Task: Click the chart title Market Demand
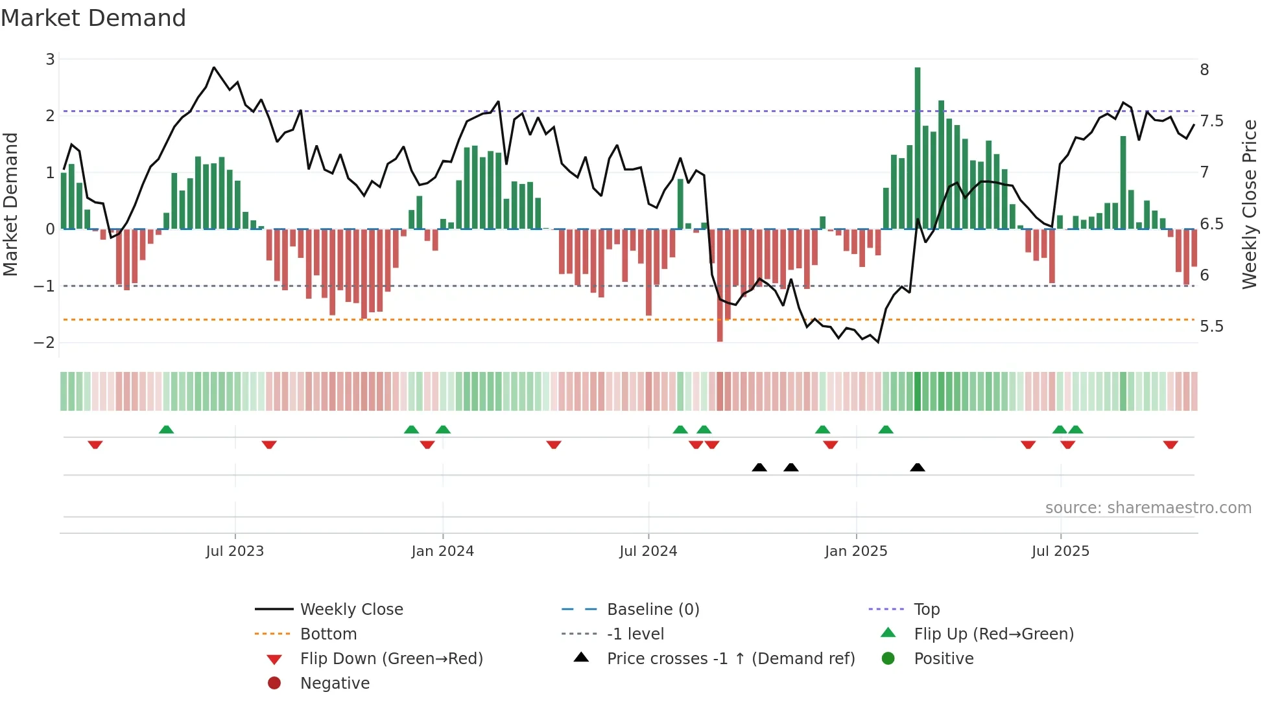[x=93, y=18]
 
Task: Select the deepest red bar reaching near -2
[x=720, y=285]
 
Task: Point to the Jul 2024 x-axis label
[x=648, y=551]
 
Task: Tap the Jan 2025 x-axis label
[x=855, y=551]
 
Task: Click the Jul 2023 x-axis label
[x=235, y=551]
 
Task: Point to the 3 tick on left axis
[x=50, y=60]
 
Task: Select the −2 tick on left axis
[x=45, y=343]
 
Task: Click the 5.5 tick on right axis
[x=1211, y=327]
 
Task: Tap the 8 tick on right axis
[x=1204, y=70]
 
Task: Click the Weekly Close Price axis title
[x=1249, y=204]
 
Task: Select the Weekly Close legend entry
[x=351, y=610]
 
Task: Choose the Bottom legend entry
[x=328, y=634]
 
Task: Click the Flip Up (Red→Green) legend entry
[x=993, y=634]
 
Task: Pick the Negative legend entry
[x=335, y=684]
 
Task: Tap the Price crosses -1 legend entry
[x=730, y=659]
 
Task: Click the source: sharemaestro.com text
[x=1148, y=508]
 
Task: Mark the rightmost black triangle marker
[x=917, y=468]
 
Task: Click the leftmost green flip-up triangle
[x=166, y=430]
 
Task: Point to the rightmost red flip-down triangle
[x=1170, y=444]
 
